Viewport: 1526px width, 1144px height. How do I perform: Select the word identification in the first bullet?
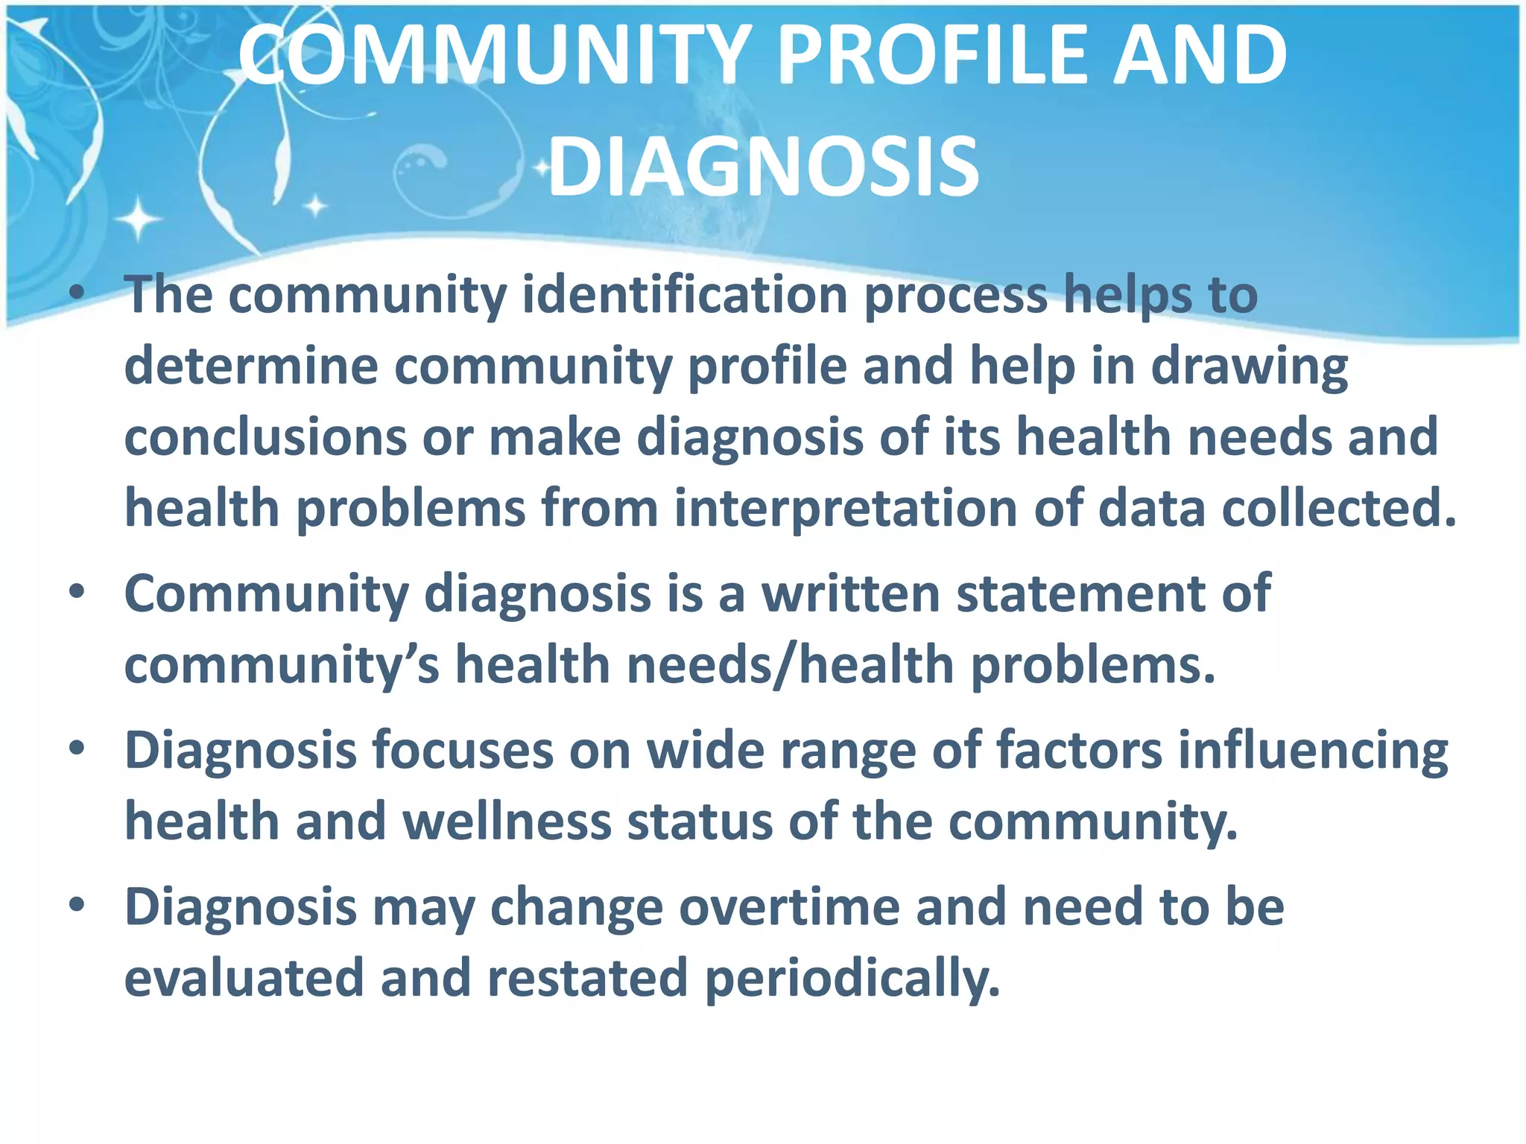(x=685, y=295)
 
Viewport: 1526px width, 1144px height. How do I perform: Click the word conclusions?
(x=265, y=437)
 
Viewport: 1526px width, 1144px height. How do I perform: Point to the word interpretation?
(x=846, y=509)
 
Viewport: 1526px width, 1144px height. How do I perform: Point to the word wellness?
(x=507, y=822)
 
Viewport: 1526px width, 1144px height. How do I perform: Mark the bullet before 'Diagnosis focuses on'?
(x=77, y=749)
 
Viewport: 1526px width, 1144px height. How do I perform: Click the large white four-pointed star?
(x=138, y=219)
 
